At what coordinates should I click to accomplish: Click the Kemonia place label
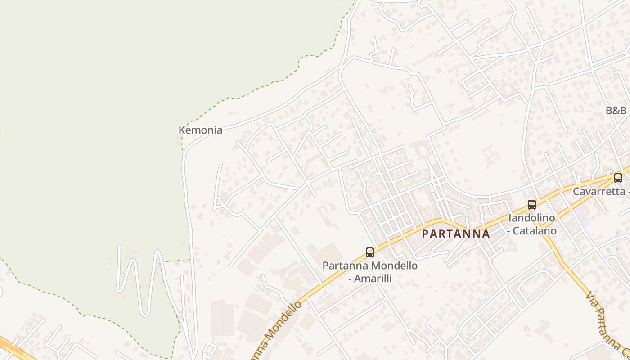tap(200, 130)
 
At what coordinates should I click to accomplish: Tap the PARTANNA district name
tap(456, 234)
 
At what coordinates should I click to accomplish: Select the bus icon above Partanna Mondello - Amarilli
tap(370, 252)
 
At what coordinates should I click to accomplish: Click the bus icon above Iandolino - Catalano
tap(532, 205)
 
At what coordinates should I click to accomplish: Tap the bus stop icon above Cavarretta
tap(618, 178)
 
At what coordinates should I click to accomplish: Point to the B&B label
tap(616, 110)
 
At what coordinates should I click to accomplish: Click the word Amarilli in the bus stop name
tap(373, 279)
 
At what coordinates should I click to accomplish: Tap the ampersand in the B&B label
tap(616, 110)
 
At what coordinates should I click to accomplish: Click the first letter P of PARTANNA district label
tap(425, 234)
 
